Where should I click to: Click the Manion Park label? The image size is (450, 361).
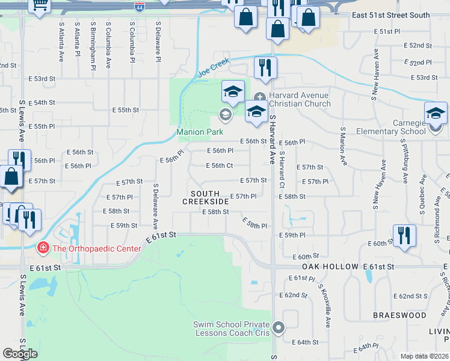[200, 132]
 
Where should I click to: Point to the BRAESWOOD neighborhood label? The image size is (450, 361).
[399, 315]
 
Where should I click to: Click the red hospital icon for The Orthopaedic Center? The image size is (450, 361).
[42, 247]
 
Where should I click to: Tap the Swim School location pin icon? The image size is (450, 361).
[278, 328]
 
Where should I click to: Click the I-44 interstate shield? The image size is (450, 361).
[139, 5]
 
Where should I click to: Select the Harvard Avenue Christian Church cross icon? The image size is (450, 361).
[259, 97]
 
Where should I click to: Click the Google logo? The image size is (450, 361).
[20, 353]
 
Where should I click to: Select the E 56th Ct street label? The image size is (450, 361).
[219, 165]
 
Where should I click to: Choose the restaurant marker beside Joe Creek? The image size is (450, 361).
[265, 67]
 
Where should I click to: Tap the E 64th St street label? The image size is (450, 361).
[307, 342]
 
